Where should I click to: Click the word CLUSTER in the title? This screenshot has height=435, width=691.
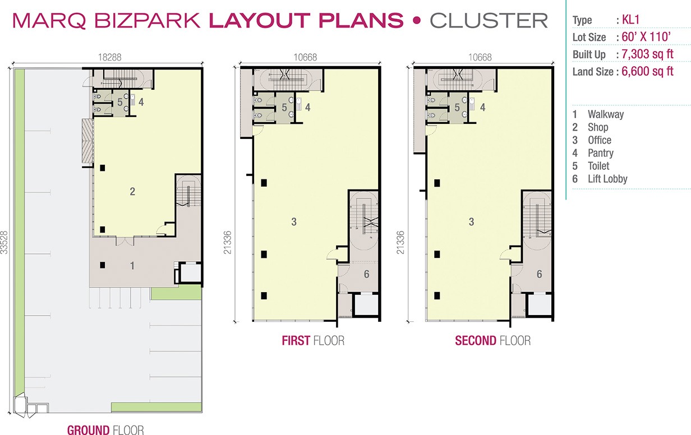point(489,21)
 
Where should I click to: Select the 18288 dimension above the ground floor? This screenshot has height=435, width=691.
point(110,57)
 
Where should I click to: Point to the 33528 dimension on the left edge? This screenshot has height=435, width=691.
point(4,242)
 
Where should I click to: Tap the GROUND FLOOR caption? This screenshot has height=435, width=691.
point(105,430)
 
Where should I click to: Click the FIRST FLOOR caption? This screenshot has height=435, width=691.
point(313,341)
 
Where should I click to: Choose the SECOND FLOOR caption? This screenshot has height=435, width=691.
point(493,341)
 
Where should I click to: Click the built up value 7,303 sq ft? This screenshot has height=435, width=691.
point(647,54)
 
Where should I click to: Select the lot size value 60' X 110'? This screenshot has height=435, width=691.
point(646,37)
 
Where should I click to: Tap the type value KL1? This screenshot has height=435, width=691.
point(630,20)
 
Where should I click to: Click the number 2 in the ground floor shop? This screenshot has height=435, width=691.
point(132,192)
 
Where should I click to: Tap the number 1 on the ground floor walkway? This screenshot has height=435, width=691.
point(132,266)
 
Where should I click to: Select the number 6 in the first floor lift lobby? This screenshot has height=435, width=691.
point(366,274)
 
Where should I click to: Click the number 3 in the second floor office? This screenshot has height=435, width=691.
point(471,221)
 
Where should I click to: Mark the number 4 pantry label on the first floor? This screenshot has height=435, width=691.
point(307,107)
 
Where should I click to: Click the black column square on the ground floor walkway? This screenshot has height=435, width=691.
point(103,265)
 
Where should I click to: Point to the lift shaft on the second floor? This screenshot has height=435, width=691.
point(539,304)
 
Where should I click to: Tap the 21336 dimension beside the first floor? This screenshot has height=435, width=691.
point(227,242)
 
